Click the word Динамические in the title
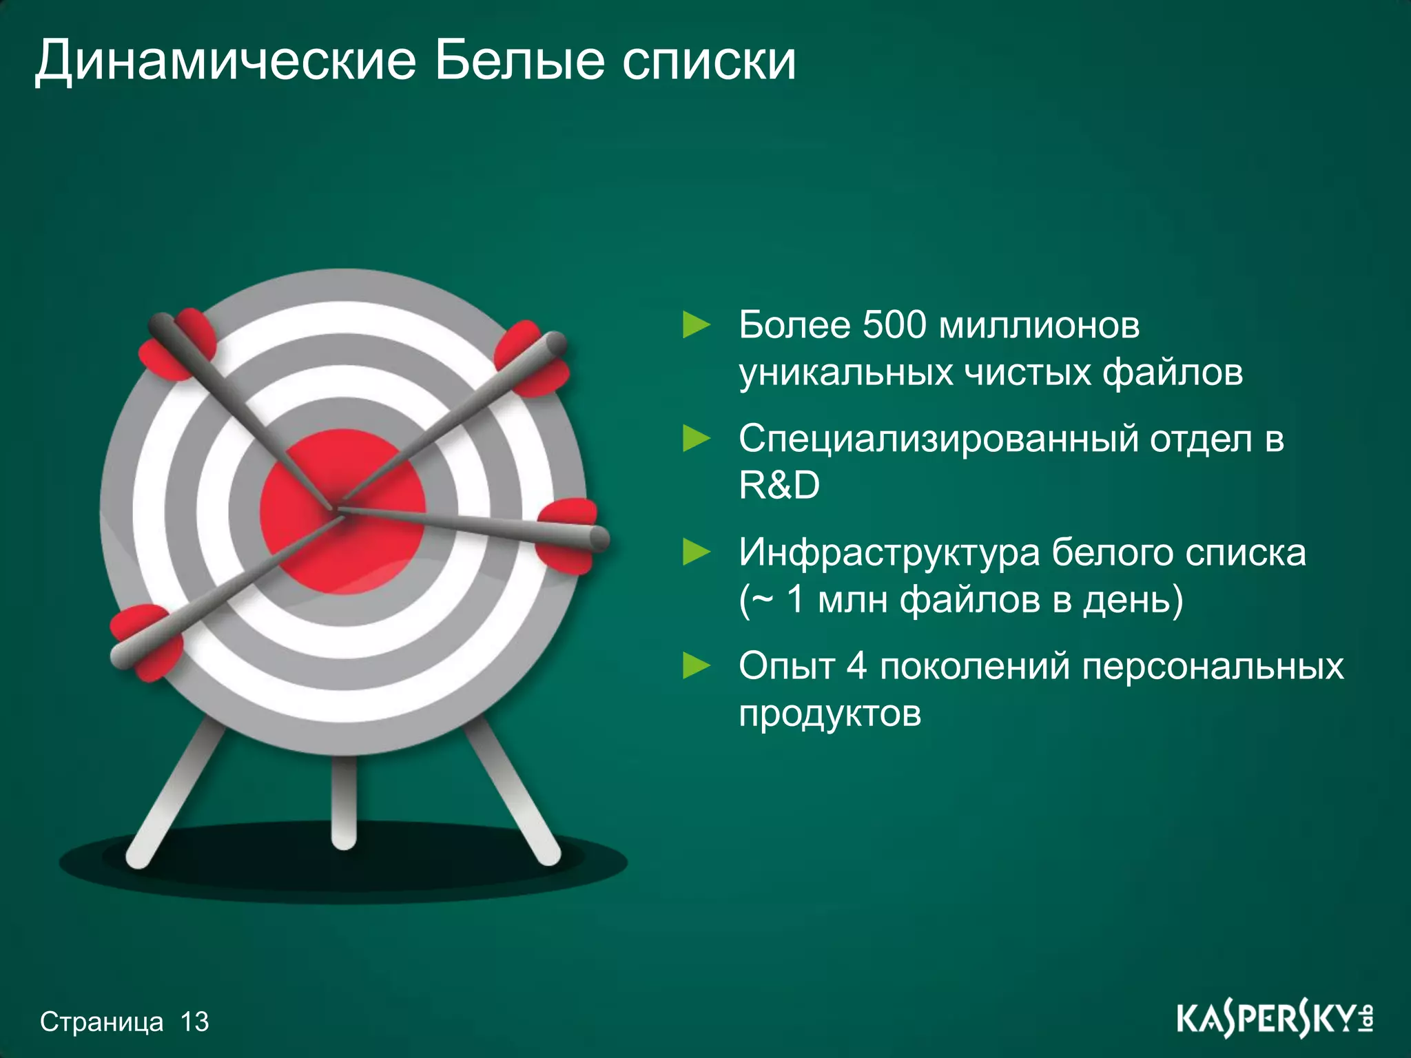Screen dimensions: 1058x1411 point(225,62)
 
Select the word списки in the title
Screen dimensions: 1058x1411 point(710,62)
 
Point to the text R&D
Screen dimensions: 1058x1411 point(779,485)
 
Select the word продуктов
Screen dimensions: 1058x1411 point(830,713)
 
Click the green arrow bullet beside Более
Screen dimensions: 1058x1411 point(696,324)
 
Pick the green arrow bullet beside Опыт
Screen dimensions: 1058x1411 point(696,666)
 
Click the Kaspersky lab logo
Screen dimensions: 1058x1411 point(1274,1019)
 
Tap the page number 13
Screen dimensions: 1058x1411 point(195,1021)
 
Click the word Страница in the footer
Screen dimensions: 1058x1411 point(102,1021)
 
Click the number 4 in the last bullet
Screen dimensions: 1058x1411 point(856,666)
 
